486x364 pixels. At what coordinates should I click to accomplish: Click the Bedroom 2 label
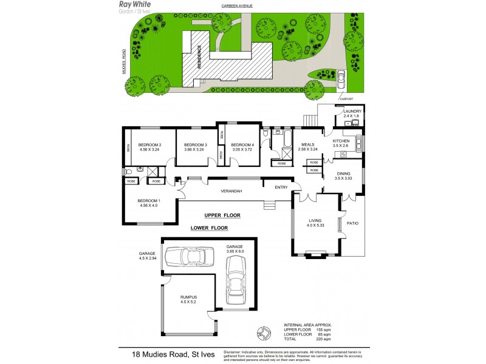pyautogui.click(x=149, y=144)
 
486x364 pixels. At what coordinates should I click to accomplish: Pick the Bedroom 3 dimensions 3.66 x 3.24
pyautogui.click(x=196, y=149)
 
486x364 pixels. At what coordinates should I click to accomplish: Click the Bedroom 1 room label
pyautogui.click(x=148, y=200)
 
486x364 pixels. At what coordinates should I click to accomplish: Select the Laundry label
pyautogui.click(x=352, y=111)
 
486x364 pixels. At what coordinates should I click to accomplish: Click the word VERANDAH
pyautogui.click(x=231, y=191)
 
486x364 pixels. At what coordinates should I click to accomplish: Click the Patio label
pyautogui.click(x=352, y=223)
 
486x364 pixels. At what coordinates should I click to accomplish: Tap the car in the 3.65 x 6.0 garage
pyautogui.click(x=236, y=280)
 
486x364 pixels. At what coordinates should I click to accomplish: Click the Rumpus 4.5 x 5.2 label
pyautogui.click(x=188, y=298)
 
